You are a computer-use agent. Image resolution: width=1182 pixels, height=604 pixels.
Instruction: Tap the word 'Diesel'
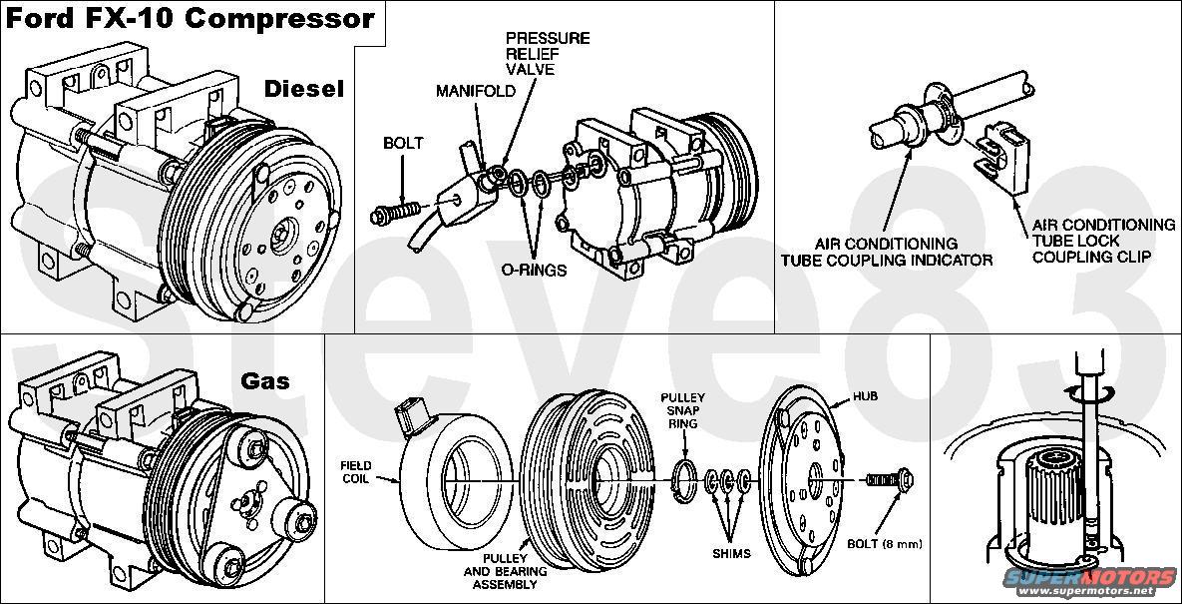303,89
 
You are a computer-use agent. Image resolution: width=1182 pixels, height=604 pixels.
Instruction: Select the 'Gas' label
264,380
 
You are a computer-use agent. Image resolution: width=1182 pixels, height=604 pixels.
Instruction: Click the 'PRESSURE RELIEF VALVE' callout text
547,54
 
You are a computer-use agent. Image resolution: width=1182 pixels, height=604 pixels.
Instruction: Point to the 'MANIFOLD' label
476,91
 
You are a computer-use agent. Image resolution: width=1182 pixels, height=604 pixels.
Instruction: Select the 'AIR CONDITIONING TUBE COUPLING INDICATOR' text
886,252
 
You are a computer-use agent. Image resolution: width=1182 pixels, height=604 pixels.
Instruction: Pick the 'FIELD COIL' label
356,472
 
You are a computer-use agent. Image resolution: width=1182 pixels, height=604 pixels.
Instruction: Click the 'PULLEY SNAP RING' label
684,410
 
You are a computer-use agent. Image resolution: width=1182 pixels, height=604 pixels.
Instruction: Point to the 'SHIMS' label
732,553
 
